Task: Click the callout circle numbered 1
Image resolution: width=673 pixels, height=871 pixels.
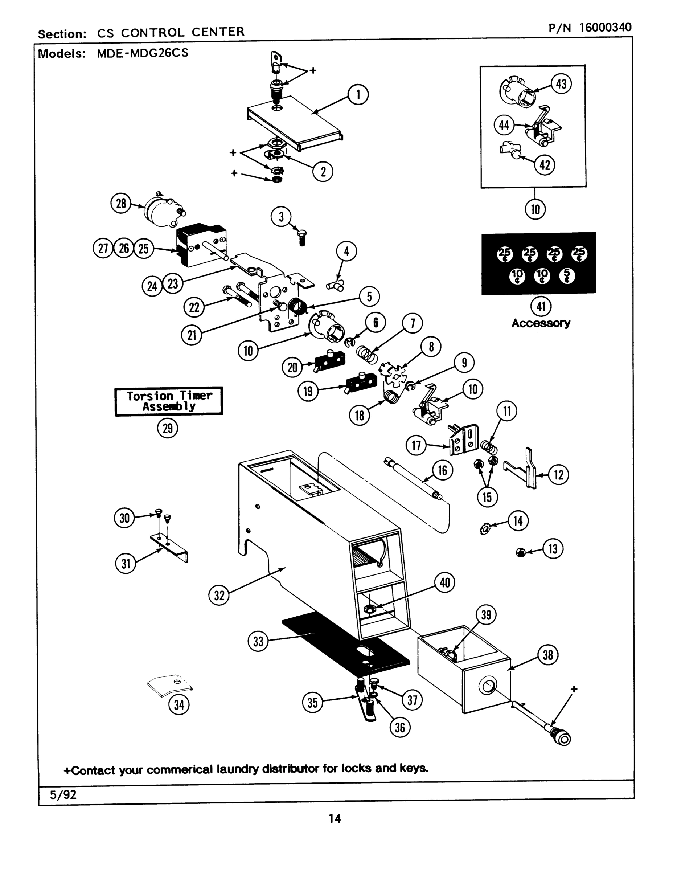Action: point(358,95)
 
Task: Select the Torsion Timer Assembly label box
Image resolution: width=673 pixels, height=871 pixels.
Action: point(169,401)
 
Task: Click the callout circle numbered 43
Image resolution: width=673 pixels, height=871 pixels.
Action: point(561,85)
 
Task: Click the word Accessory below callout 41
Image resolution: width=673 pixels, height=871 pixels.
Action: point(541,323)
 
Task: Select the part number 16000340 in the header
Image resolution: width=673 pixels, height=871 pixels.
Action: point(605,27)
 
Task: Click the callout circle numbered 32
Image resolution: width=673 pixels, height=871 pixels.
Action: point(219,596)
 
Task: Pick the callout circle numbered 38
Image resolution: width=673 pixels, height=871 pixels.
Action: point(548,655)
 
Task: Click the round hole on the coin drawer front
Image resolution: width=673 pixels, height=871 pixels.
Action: point(488,687)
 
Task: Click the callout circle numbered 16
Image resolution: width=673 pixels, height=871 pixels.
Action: point(442,471)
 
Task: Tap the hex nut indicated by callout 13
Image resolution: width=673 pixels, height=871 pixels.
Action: point(520,553)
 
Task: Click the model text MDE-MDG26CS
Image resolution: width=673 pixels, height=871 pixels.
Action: point(142,53)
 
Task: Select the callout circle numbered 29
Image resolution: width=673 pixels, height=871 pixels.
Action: point(168,428)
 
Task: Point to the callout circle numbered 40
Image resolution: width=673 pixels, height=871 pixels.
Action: point(444,583)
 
